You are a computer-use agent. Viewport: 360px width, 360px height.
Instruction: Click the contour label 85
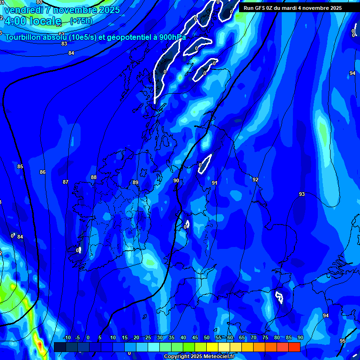point(20,166)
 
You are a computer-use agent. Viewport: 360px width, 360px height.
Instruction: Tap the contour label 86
point(43,172)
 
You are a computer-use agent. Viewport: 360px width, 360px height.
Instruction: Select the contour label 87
point(66,182)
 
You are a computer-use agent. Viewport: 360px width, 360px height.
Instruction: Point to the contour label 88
point(94,177)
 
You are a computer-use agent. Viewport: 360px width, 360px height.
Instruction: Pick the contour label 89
point(135,182)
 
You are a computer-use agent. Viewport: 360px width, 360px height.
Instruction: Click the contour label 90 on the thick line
point(176,180)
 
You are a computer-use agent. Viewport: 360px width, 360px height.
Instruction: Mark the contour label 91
point(214,183)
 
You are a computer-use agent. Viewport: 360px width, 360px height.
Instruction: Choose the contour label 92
point(255,180)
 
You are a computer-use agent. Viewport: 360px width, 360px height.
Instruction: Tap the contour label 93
point(302,194)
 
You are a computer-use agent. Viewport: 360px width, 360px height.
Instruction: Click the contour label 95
point(343,341)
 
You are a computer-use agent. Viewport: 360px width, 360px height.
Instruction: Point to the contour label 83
point(64,44)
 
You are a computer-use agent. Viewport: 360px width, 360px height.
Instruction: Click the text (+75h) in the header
point(81,21)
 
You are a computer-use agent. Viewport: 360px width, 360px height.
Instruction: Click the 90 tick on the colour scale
point(300,337)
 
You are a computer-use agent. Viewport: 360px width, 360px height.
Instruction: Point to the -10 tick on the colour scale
point(67,337)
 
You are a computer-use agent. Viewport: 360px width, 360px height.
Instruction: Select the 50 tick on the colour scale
point(207,337)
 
